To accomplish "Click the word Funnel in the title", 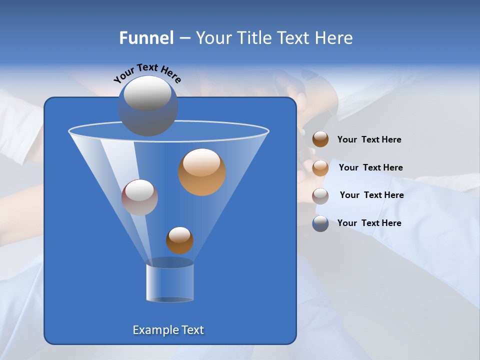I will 146,38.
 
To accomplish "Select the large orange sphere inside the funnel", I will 202,172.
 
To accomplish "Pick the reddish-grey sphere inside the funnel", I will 139,197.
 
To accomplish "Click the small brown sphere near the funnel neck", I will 179,240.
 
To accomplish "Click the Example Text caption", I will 168,330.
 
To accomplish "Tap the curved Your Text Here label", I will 147,72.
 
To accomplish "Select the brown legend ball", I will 320,139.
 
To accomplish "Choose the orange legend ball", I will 320,167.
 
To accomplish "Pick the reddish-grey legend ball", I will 320,195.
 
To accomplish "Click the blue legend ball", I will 320,223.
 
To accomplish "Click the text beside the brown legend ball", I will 369,140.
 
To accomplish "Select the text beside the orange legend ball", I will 370,168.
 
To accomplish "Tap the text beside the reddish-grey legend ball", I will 371,195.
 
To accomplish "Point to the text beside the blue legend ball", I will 369,223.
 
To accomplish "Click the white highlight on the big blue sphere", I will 147,93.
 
